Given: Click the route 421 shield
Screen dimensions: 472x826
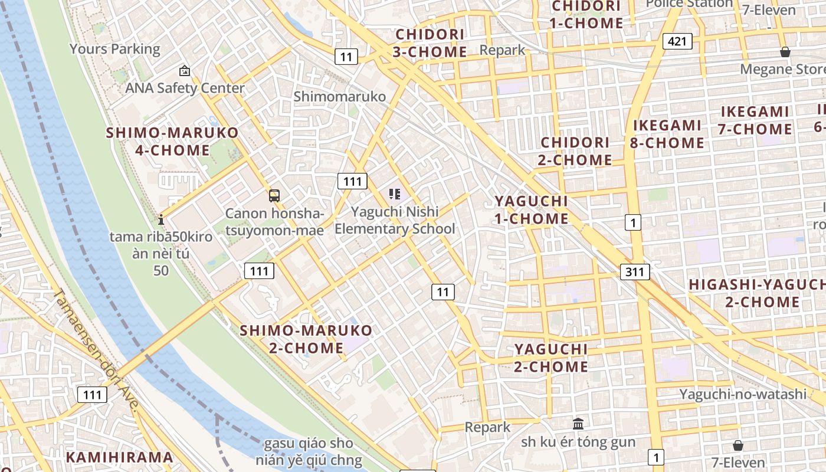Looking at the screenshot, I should [x=677, y=41].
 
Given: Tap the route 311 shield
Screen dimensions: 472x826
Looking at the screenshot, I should [x=635, y=272].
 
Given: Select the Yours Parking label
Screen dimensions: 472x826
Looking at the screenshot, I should [x=115, y=49].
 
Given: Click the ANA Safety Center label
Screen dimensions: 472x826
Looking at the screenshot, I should [x=185, y=88].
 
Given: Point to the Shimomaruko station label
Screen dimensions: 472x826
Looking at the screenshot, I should [x=340, y=97].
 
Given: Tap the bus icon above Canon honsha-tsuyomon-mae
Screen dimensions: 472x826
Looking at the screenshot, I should [x=274, y=195].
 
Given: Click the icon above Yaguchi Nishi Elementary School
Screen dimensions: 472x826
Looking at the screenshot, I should [x=395, y=194].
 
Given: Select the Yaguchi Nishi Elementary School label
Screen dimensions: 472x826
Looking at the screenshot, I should [x=395, y=220].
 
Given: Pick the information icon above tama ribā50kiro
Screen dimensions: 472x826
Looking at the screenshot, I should [x=161, y=219].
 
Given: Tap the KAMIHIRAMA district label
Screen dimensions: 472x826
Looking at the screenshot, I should [x=120, y=457].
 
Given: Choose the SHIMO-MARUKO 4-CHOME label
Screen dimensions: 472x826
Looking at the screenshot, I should [x=172, y=141].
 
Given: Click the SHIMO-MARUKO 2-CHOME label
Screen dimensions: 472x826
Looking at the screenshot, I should [x=306, y=339].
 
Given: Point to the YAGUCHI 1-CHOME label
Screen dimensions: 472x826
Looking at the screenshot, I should [x=531, y=210].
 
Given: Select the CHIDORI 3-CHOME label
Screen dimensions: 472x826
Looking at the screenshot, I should [x=430, y=43].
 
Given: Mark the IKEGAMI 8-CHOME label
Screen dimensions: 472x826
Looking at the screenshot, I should [x=668, y=134].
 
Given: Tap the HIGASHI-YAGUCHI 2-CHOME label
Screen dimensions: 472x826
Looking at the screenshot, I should [x=758, y=293].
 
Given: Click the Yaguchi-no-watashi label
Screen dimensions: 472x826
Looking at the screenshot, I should [x=742, y=394].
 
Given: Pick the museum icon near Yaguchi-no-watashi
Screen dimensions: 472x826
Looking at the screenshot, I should [x=578, y=424].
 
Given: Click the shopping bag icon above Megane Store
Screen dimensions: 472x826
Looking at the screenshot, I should [x=785, y=52].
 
